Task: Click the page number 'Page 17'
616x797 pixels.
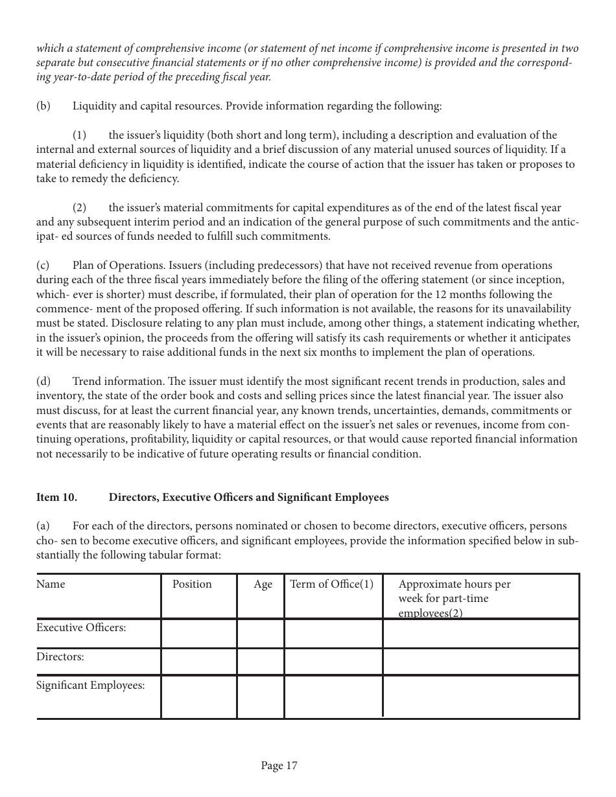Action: pos(279,766)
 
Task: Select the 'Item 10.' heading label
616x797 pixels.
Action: pos(56,498)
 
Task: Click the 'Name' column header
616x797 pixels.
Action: pos(51,584)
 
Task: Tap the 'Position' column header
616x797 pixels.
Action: pos(192,584)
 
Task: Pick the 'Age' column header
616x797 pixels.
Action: pos(263,584)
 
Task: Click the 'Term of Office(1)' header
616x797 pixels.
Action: pos(331,584)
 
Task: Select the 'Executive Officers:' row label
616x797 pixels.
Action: pos(81,628)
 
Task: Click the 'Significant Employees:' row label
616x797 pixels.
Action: pos(90,686)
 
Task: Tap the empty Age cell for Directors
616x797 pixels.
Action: pos(260,662)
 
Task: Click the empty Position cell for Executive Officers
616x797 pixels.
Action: pos(198,633)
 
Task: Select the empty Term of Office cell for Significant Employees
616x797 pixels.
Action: pos(333,697)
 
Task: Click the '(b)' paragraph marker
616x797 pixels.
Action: pos(43,106)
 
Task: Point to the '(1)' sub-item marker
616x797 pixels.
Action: pos(79,135)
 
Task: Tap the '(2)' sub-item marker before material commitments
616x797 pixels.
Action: pos(79,208)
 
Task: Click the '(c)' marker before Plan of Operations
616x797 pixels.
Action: pos(43,266)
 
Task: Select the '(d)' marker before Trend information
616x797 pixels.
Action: pos(43,382)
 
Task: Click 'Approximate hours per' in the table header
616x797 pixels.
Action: pos(454,584)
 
